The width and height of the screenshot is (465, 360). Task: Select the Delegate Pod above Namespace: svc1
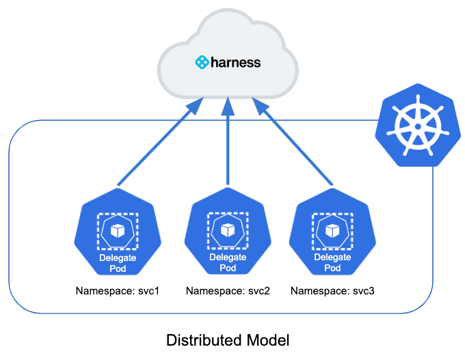(x=118, y=232)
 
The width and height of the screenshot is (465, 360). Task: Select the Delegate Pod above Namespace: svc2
(x=228, y=232)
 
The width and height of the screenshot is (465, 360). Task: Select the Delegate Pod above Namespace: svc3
(x=332, y=232)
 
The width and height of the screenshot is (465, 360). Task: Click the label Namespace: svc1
(x=118, y=291)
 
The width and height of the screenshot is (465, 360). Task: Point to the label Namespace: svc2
(x=228, y=291)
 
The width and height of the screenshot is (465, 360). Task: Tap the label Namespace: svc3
(x=332, y=291)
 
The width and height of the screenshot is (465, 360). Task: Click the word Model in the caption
(x=270, y=340)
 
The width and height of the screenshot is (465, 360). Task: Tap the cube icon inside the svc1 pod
(x=118, y=230)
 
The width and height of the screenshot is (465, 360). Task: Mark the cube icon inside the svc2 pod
(x=228, y=230)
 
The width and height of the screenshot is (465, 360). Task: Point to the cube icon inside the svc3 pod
(x=332, y=230)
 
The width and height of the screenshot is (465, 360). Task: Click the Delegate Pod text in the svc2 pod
(x=228, y=262)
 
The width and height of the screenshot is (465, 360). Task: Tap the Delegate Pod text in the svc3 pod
(x=332, y=262)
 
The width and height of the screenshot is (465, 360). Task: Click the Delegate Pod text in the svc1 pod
(x=118, y=262)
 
